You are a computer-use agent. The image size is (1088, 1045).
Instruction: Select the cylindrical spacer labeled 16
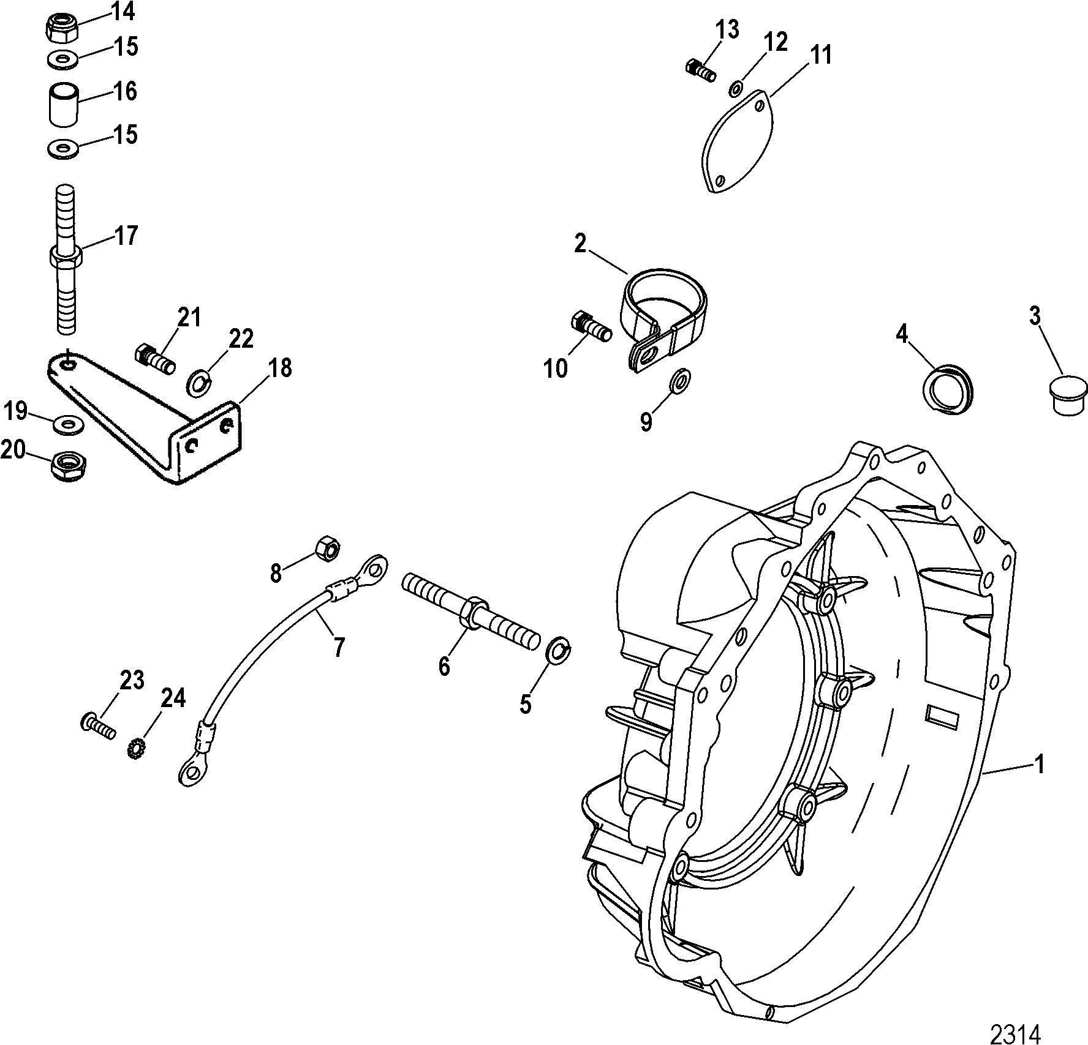click(64, 106)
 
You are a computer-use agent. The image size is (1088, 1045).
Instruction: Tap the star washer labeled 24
click(135, 749)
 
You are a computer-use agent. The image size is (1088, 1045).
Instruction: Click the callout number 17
click(126, 236)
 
